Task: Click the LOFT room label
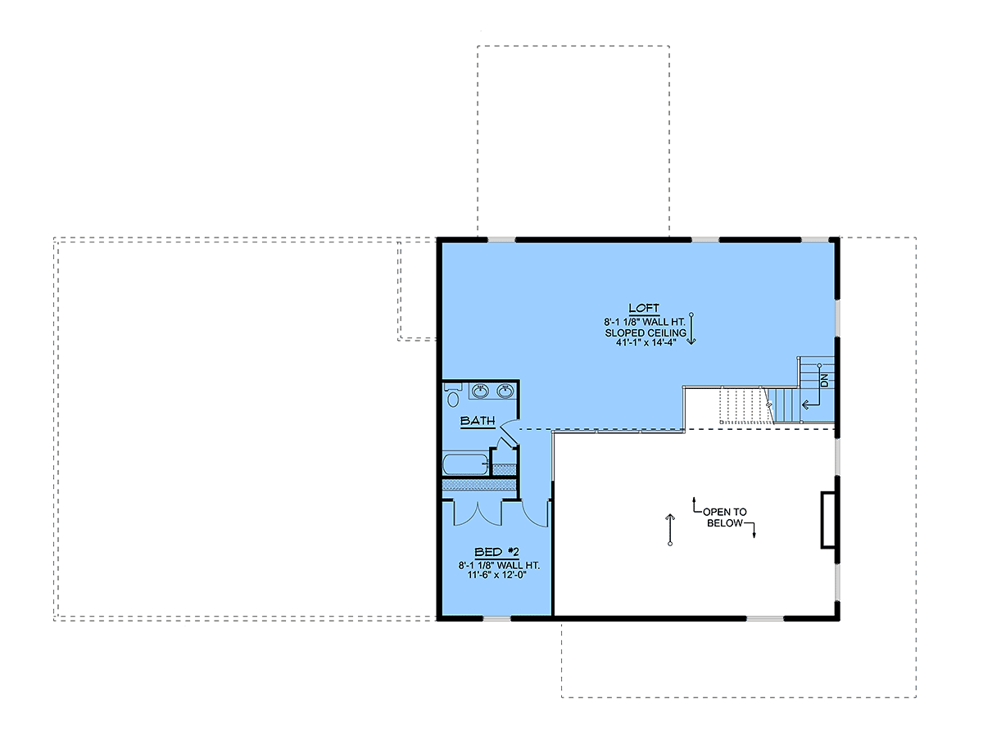click(644, 308)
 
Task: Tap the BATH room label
click(478, 421)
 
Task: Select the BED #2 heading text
click(496, 552)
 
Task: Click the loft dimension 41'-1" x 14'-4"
click(646, 342)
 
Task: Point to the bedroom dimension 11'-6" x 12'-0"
click(496, 575)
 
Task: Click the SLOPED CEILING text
click(646, 333)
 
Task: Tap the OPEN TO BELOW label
click(724, 518)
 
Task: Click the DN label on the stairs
click(824, 381)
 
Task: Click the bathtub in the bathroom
click(465, 464)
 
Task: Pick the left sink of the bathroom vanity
click(481, 391)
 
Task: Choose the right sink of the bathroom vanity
click(505, 391)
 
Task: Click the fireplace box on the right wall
click(828, 519)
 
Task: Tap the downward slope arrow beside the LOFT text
click(691, 329)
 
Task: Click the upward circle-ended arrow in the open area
click(670, 530)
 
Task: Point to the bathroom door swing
click(510, 433)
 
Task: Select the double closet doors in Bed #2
click(478, 513)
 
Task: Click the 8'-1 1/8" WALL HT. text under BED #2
click(499, 565)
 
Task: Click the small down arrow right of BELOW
click(754, 531)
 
